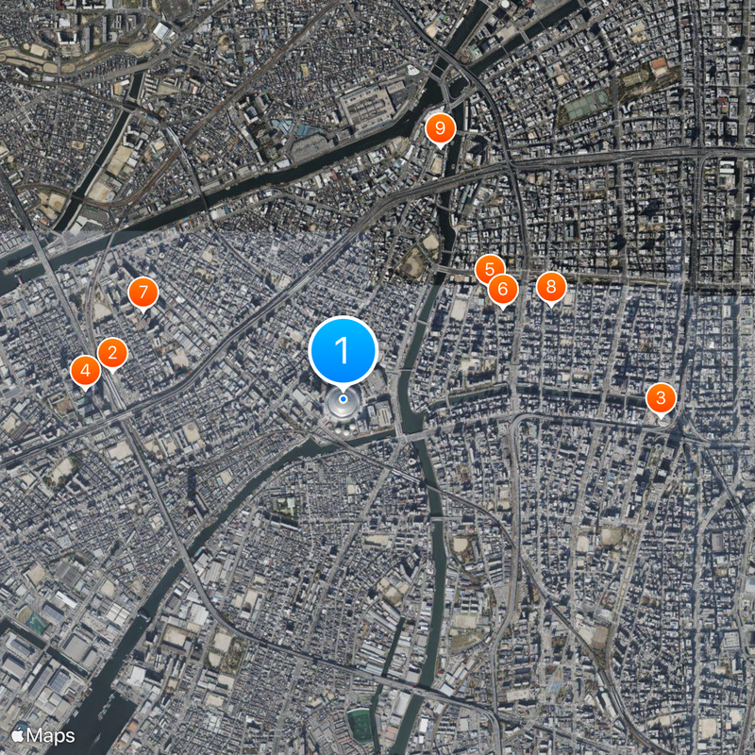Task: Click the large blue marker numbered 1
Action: click(343, 350)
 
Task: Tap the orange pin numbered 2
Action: click(112, 354)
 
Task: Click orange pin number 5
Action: click(489, 270)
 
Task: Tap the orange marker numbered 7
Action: click(143, 293)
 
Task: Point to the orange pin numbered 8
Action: click(551, 287)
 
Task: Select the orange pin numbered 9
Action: click(439, 129)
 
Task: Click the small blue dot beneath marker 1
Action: click(343, 398)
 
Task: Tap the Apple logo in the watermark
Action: click(17, 735)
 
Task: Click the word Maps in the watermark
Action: click(51, 735)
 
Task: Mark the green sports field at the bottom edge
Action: click(360, 724)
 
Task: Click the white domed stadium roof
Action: click(342, 407)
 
